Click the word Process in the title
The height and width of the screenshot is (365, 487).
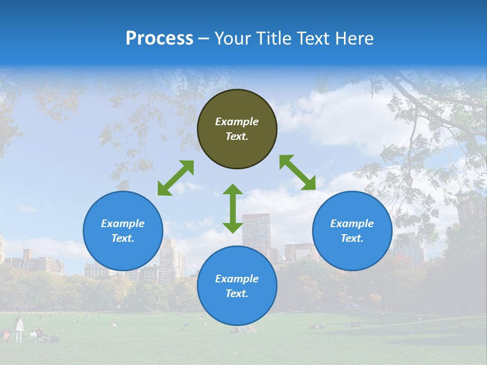[x=159, y=39]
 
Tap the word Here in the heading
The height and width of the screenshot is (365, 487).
[x=354, y=39]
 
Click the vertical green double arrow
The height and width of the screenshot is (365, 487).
[x=233, y=208]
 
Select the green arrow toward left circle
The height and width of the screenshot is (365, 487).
[x=176, y=178]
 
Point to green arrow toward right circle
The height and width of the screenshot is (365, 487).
[x=297, y=172]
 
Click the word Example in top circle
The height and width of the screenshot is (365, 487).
[x=237, y=122]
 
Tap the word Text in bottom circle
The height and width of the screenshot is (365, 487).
[x=235, y=294]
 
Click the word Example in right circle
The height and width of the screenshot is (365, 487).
[x=352, y=224]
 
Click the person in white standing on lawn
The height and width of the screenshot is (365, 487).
[x=19, y=328]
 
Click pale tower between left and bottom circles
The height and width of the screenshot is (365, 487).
[x=172, y=261]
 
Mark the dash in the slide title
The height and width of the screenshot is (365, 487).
[x=204, y=39]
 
